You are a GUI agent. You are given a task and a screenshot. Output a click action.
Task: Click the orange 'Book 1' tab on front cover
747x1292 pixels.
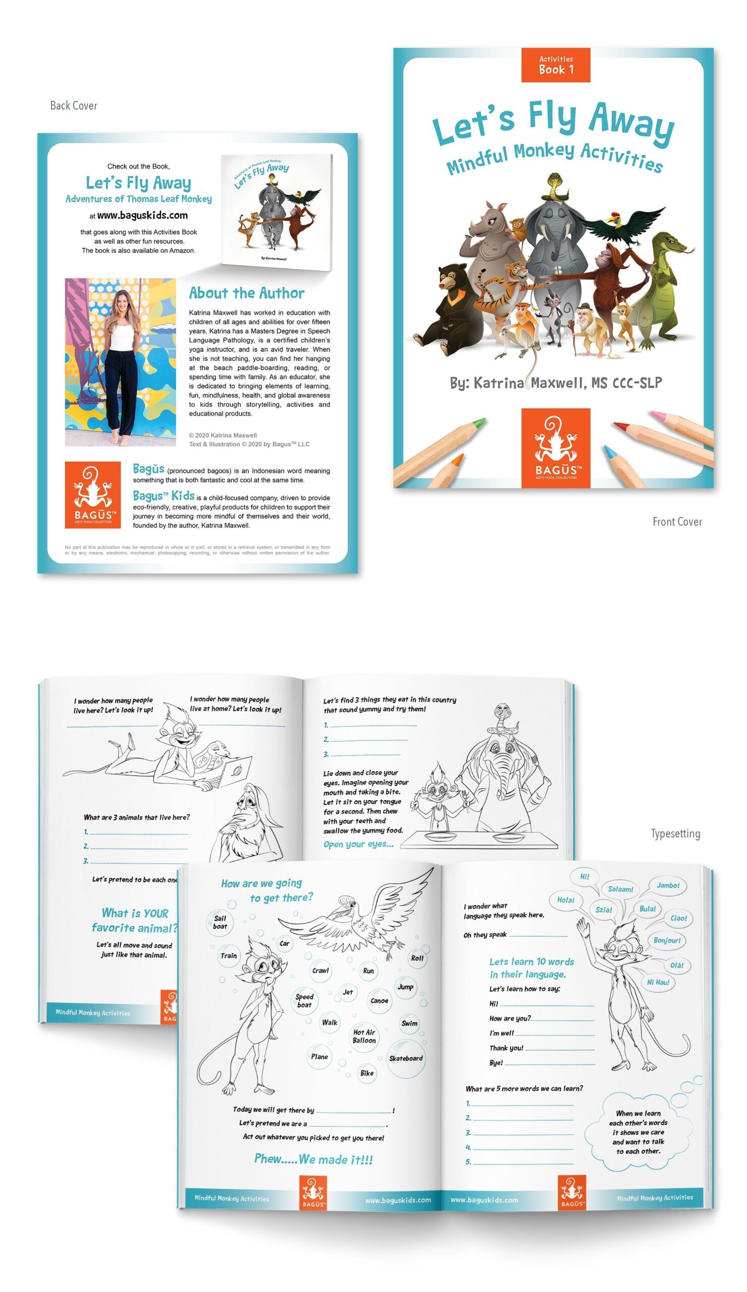[555, 65]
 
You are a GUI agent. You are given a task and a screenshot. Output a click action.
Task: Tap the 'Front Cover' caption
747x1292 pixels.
[676, 521]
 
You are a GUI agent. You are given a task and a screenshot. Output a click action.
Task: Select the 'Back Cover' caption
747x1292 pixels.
[73, 105]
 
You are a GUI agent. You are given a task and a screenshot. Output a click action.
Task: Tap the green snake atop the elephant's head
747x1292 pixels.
[554, 186]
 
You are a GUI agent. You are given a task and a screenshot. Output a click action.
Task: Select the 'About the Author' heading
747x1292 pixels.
[246, 293]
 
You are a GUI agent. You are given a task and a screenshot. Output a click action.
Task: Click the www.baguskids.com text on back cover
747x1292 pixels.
[142, 216]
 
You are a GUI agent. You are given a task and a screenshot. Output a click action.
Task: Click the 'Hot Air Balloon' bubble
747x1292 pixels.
[363, 1036]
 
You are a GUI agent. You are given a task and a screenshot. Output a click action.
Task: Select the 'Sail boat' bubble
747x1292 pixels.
[220, 922]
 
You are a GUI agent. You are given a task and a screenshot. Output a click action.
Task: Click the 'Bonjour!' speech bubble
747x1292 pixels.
[667, 940]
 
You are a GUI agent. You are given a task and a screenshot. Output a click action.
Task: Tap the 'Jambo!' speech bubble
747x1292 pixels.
[668, 885]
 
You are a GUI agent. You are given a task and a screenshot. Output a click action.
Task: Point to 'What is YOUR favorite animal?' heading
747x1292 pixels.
[135, 920]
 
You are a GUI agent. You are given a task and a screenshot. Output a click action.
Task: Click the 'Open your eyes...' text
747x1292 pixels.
[358, 844]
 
